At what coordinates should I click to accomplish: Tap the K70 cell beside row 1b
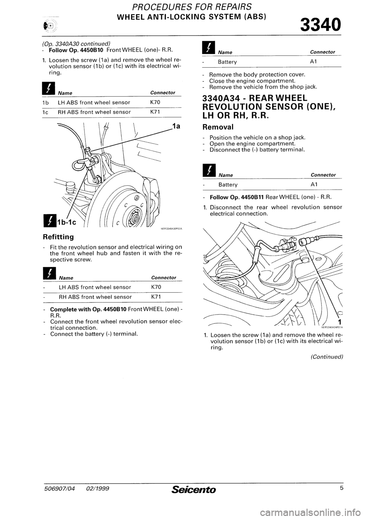pyautogui.click(x=150, y=102)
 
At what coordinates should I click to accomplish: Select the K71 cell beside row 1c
pyautogui.click(x=150, y=112)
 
